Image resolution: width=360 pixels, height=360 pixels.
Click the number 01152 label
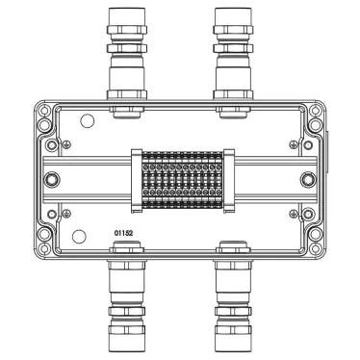(x=123, y=233)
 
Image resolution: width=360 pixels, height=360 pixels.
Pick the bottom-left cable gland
(x=126, y=296)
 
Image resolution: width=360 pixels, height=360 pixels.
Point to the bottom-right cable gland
(x=233, y=296)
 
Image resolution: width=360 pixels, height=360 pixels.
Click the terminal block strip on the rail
(x=182, y=180)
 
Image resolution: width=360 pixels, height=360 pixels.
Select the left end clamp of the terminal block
(x=137, y=181)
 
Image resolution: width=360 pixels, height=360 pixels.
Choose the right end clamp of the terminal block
(x=229, y=181)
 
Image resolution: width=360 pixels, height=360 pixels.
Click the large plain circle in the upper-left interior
(x=87, y=120)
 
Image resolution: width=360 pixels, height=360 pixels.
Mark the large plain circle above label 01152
(x=79, y=237)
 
